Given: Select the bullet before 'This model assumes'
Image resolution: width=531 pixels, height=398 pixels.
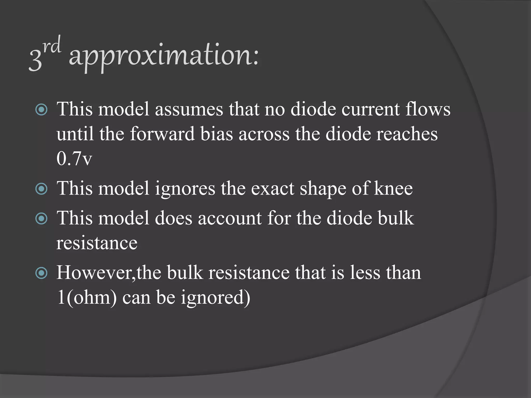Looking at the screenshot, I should [x=41, y=110].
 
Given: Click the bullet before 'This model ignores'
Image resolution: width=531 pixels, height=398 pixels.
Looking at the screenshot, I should [x=41, y=189].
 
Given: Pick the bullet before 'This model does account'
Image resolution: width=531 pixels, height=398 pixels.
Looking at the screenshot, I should [x=41, y=219].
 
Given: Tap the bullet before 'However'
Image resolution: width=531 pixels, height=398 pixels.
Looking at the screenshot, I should [x=41, y=273].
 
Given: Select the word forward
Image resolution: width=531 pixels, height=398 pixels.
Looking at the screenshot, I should [x=162, y=134].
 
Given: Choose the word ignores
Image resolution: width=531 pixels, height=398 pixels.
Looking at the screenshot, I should [x=185, y=189].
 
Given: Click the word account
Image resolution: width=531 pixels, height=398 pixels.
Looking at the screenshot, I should [x=230, y=218].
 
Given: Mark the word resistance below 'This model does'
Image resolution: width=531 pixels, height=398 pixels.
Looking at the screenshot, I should [x=97, y=243].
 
